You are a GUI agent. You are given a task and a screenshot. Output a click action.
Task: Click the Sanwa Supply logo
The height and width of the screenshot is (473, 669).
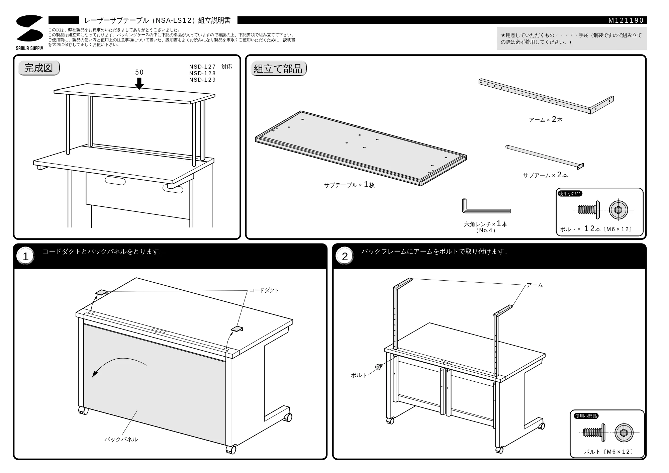coord(29,32)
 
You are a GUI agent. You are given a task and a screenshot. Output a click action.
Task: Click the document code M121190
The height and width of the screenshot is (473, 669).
coord(626,20)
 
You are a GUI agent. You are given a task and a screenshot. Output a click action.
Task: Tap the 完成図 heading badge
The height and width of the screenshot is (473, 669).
coord(39,68)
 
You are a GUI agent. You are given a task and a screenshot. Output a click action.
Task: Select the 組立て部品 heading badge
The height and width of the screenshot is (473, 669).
coord(278,69)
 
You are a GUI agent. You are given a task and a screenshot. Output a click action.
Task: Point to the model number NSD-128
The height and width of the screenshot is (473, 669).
coord(202,73)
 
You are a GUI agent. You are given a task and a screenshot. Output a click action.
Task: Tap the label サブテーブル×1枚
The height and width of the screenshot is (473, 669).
coord(349,185)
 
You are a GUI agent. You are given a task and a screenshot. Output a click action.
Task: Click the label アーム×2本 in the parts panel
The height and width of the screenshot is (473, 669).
coord(546,119)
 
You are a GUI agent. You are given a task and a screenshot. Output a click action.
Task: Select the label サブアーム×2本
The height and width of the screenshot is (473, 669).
coord(545,175)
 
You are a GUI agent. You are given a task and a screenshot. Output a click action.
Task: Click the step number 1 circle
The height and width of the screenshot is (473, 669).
coord(26,257)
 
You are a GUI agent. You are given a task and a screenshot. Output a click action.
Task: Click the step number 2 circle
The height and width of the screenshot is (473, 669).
coord(345,257)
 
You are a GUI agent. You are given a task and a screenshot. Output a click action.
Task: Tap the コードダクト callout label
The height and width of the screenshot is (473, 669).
coord(264,290)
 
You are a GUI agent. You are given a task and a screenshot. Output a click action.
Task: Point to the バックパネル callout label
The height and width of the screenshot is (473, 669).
coord(121,439)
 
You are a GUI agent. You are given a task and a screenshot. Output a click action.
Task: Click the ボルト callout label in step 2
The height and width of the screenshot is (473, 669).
coord(359,375)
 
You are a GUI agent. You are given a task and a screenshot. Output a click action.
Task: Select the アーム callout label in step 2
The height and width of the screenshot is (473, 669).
coord(535,285)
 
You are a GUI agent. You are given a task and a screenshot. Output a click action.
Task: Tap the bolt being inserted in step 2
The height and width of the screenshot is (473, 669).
coord(379,367)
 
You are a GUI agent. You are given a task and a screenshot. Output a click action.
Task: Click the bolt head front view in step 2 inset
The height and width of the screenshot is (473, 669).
coord(624,433)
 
